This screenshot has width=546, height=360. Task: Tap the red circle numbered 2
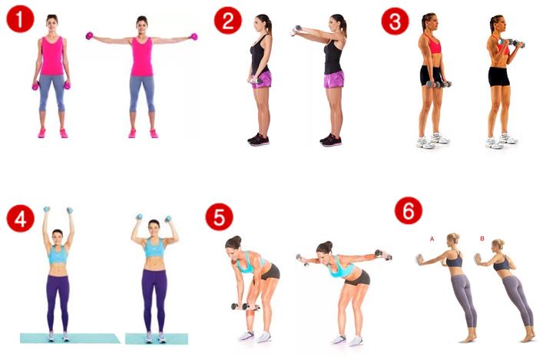coord(228,21)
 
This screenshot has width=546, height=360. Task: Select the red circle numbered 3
coord(395,21)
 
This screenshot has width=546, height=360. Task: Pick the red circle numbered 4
coord(21,218)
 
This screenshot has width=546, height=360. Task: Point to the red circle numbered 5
coord(219,217)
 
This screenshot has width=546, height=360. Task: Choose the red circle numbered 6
coord(409,210)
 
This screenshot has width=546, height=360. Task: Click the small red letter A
coord(432,239)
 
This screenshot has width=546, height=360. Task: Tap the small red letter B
coord(482,239)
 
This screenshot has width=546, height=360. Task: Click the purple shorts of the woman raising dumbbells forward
coord(333,79)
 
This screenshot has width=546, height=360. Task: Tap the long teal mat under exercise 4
coord(70,338)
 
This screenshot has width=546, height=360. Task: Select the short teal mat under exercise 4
coord(157,339)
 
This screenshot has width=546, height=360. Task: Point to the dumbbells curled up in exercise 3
coord(512,43)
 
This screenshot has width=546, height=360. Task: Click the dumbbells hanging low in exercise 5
coord(245,307)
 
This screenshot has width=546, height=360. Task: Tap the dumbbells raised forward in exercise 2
coord(296,30)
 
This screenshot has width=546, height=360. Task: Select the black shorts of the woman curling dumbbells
coord(498,77)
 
